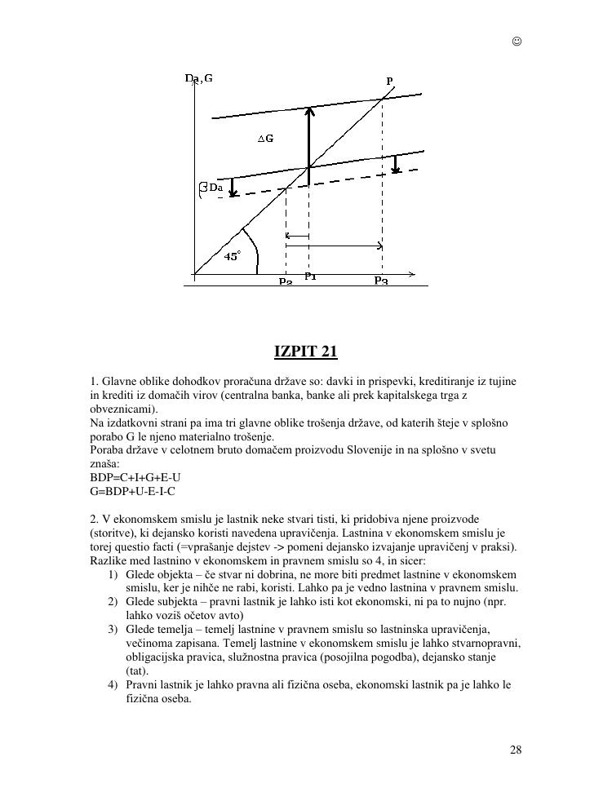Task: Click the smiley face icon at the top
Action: [517, 42]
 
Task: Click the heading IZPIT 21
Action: [305, 352]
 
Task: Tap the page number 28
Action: [516, 750]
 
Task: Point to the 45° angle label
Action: [232, 256]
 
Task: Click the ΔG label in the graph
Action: [266, 139]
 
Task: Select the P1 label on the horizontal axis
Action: [310, 277]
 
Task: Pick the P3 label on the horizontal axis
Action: [381, 281]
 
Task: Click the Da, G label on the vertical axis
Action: [199, 78]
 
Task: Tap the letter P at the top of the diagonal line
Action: [389, 81]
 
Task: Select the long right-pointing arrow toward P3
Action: [334, 246]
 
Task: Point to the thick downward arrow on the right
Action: [395, 164]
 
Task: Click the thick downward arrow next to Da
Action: [233, 188]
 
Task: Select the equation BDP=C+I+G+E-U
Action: [134, 478]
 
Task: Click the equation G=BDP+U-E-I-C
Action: [132, 491]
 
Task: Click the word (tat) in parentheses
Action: [137, 670]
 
